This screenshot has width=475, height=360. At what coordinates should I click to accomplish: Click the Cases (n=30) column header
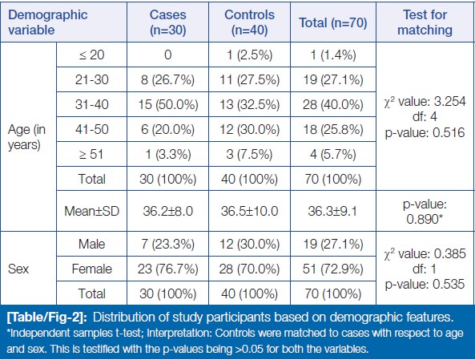[x=168, y=22]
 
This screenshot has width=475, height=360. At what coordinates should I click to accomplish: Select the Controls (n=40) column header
[x=249, y=22]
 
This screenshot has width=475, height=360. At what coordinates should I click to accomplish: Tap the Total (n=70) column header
[x=333, y=22]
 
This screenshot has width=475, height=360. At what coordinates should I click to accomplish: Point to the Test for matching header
[x=425, y=22]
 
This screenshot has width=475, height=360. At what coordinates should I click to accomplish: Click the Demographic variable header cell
[x=47, y=22]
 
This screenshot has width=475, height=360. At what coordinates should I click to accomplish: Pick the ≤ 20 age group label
[x=91, y=55]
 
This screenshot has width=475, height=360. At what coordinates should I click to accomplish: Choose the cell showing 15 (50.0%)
[x=168, y=105]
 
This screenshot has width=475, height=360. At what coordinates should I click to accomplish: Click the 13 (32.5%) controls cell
[x=249, y=105]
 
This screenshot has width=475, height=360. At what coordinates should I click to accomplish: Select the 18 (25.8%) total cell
[x=333, y=130]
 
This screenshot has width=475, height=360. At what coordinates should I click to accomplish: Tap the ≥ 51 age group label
[x=91, y=155]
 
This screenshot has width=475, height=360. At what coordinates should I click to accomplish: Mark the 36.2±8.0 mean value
[x=168, y=211]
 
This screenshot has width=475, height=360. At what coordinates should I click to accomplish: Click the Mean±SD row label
[x=91, y=211]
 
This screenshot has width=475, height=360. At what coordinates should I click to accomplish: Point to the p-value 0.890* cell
[x=425, y=212]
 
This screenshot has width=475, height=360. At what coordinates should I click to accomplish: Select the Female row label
[x=91, y=269]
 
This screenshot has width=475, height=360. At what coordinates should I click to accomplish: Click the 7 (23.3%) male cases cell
[x=168, y=245]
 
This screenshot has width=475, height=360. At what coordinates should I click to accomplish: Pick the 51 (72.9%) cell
[x=333, y=269]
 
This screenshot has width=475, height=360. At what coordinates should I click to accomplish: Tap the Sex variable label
[x=18, y=269]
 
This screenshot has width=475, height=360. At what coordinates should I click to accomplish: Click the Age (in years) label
[x=26, y=137]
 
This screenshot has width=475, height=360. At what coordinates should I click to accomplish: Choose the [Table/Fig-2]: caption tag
[x=46, y=318]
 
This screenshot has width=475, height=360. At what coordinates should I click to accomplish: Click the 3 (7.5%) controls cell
[x=249, y=155]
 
